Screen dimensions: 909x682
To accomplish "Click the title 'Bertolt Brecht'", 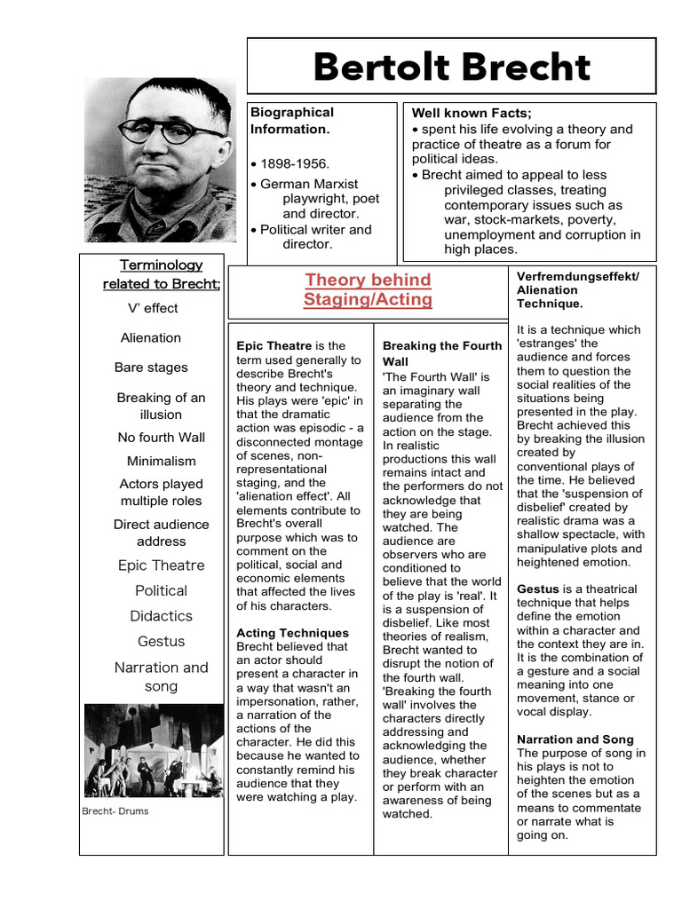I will coord(451,67).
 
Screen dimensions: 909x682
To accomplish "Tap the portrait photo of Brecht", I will coord(161,160).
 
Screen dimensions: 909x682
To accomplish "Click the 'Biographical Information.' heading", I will coord(292,121).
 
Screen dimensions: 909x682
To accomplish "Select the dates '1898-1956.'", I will coord(294,164).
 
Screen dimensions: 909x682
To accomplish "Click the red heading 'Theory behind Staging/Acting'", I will coord(368,289).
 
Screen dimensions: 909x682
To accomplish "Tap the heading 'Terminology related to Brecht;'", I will coord(162,274).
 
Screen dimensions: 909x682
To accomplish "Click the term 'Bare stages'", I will coord(151,367).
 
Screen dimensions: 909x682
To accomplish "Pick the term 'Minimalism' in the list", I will coord(161,461).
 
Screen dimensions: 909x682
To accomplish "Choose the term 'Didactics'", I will coord(161,615).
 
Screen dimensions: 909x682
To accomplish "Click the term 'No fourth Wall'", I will coord(161,437).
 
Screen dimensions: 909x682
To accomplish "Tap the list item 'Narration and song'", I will coord(161,676).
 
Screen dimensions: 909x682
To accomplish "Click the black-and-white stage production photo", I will coord(154,750).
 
